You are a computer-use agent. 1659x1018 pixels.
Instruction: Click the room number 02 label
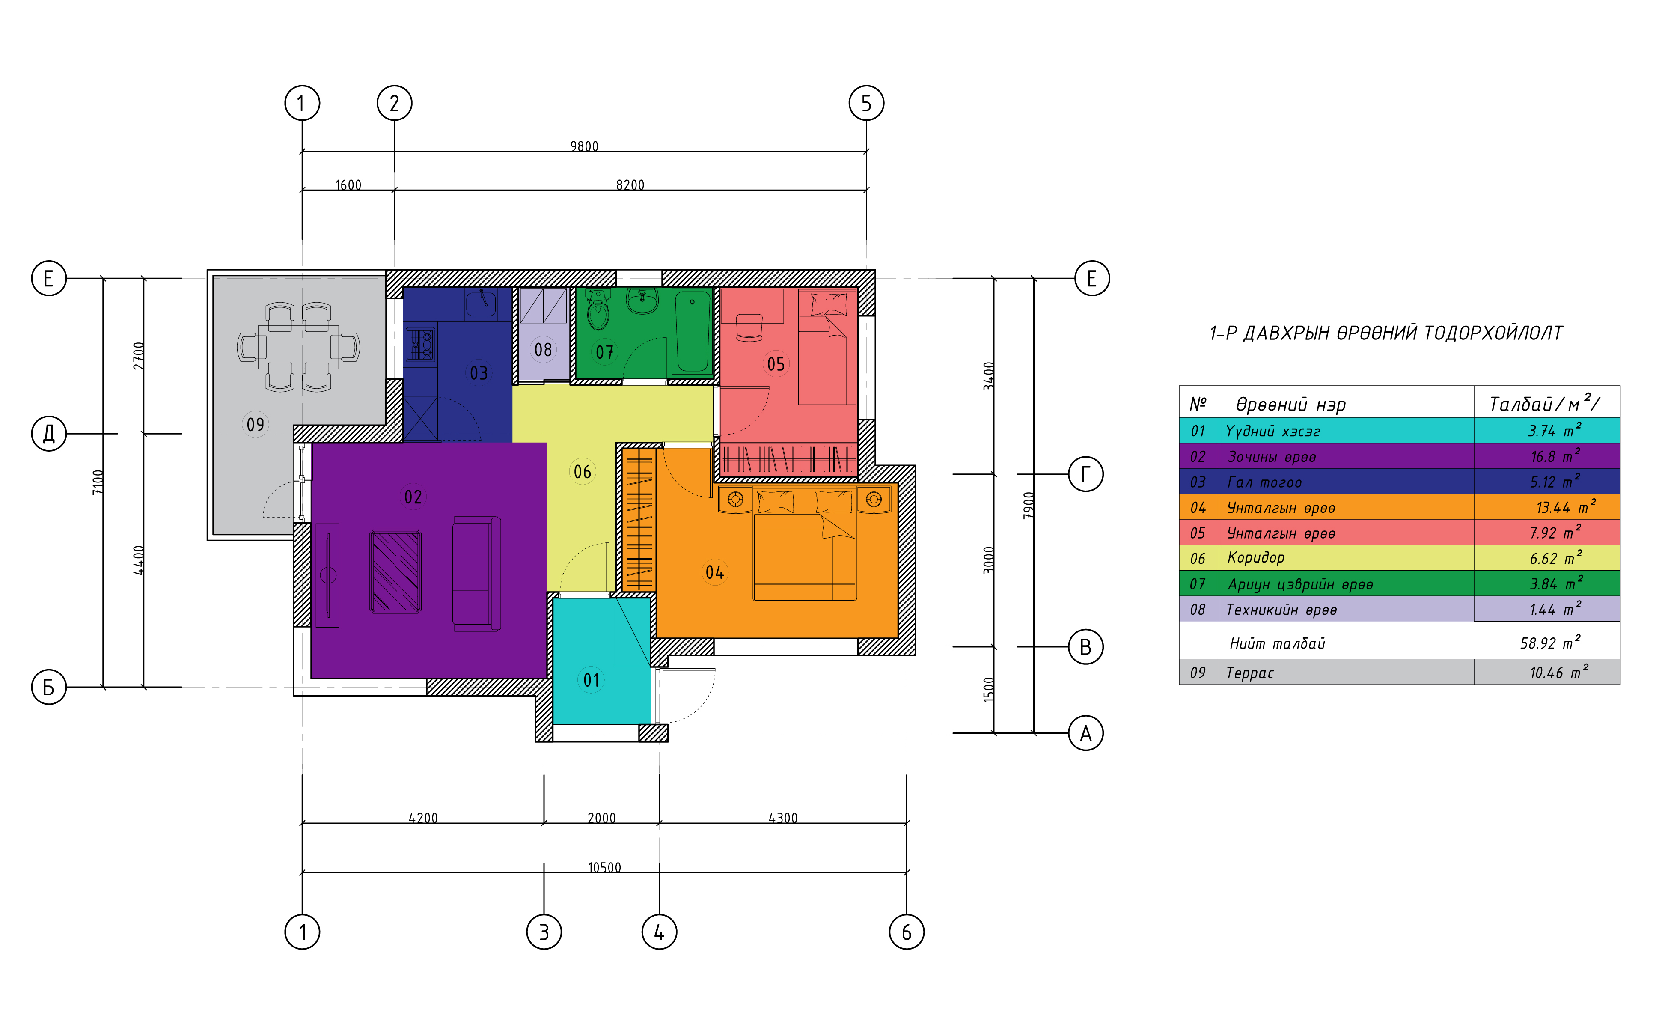pyautogui.click(x=413, y=497)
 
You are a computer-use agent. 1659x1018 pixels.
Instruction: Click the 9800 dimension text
pyautogui.click(x=584, y=146)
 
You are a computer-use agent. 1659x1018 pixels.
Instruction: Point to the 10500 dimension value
pyautogui.click(x=604, y=867)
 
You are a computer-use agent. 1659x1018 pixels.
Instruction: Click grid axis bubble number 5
pyautogui.click(x=866, y=103)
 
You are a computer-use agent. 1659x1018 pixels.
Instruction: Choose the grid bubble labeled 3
pyautogui.click(x=543, y=932)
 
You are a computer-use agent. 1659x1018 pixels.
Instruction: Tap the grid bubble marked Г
pyautogui.click(x=1085, y=474)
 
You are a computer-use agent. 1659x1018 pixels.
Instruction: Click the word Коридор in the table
pyautogui.click(x=1256, y=557)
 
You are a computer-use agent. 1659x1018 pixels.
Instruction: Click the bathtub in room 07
pyautogui.click(x=692, y=331)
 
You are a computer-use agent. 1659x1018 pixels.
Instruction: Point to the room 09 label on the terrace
pyautogui.click(x=255, y=424)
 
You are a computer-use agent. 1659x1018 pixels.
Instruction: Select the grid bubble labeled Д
pyautogui.click(x=49, y=434)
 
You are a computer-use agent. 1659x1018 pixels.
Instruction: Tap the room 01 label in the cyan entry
pyautogui.click(x=591, y=680)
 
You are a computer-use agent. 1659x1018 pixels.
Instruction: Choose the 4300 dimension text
pyautogui.click(x=782, y=818)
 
